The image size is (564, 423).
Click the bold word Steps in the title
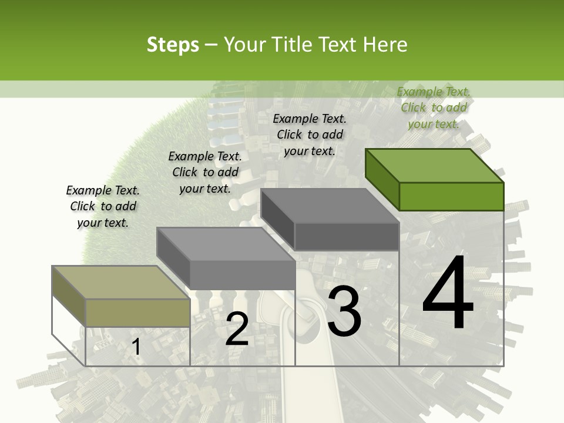coord(172,45)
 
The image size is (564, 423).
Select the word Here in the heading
coord(385,45)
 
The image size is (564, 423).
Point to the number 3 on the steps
coord(344,313)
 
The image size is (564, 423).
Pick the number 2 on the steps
coord(237,329)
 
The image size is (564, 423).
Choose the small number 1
coord(136,347)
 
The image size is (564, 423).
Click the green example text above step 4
coord(434,108)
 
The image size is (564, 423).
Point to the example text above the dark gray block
coord(310,135)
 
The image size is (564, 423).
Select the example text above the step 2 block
coord(205,172)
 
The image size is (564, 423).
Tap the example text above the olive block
coord(103,206)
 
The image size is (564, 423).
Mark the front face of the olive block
coord(138,313)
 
